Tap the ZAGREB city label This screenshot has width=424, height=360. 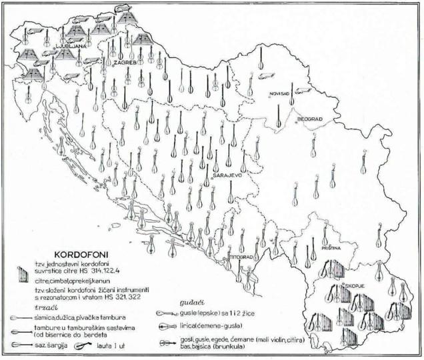click(124, 62)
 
